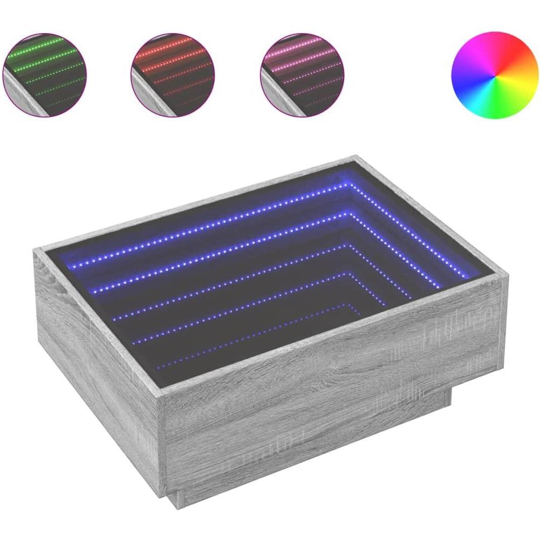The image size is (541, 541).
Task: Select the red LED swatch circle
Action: pyautogui.click(x=172, y=74)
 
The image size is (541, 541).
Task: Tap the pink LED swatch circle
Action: pyautogui.click(x=302, y=74)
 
